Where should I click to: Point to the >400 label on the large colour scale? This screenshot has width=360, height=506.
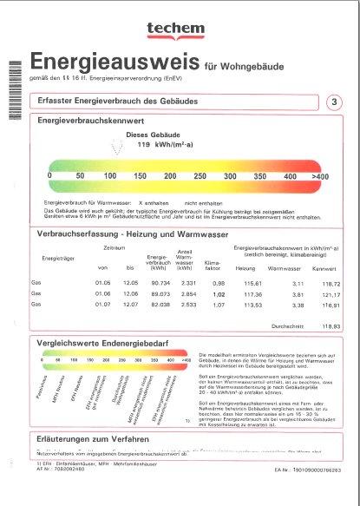click(x=320, y=176)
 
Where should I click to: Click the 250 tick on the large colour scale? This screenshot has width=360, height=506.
click(x=200, y=176)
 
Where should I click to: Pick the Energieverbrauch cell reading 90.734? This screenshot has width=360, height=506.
click(x=158, y=283)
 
